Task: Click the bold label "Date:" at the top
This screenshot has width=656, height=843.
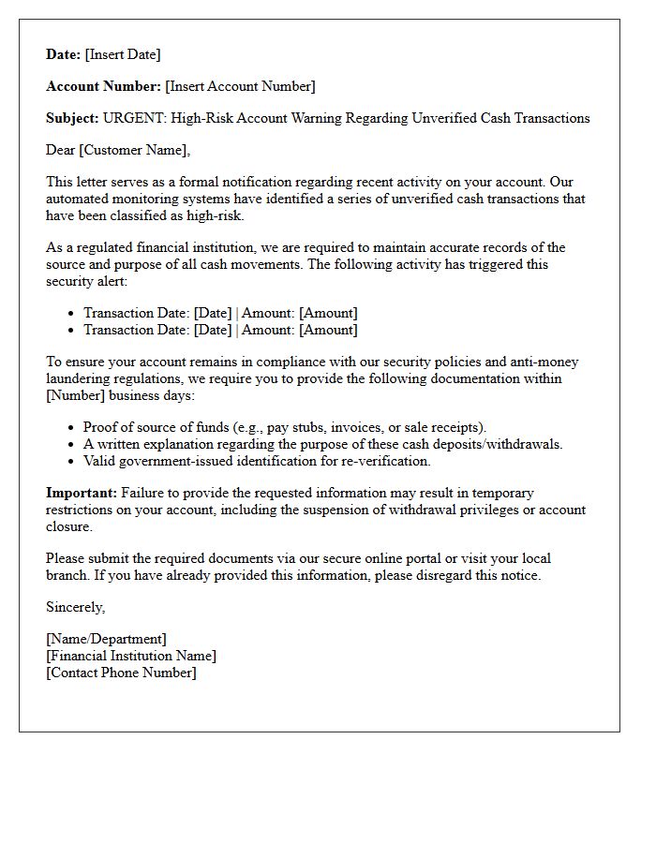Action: point(64,54)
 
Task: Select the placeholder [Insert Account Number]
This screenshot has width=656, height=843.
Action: point(240,86)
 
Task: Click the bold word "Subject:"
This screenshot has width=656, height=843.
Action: point(72,118)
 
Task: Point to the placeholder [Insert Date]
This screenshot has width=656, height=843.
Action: point(123,54)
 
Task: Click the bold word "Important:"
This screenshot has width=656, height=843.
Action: point(82,493)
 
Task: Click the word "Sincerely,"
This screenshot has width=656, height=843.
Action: point(76,607)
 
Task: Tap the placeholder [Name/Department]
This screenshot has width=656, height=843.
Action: point(106,639)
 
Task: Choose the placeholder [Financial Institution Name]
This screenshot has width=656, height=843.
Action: point(131,656)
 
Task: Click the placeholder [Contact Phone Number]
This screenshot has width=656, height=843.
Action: point(121,673)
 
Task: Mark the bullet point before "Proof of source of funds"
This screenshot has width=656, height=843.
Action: point(72,428)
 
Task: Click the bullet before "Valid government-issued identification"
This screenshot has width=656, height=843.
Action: point(72,462)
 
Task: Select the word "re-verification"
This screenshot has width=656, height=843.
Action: point(386,461)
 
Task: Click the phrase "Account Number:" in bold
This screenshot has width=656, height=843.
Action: point(103,86)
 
